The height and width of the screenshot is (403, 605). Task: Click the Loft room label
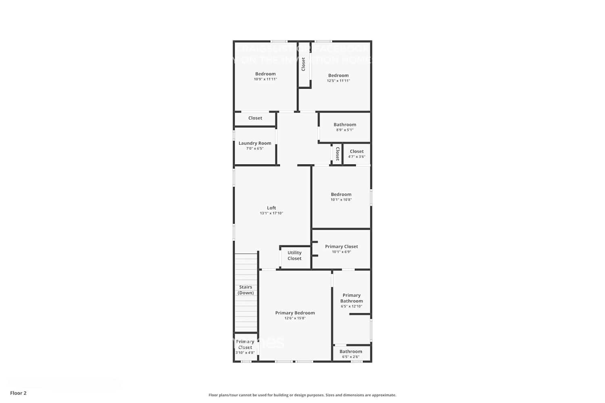coord(271,208)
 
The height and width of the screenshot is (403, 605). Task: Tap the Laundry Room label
coord(255,143)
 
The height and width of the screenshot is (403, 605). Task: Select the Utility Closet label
coord(294,256)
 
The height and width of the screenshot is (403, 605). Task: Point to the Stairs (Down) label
coord(246,290)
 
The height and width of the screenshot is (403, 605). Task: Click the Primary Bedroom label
coord(295,313)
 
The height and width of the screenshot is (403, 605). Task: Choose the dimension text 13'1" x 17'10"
coord(271,213)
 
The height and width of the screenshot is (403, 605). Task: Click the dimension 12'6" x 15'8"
coord(295,318)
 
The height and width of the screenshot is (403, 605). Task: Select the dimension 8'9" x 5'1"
coord(345,130)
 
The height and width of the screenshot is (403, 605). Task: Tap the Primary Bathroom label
coord(351,298)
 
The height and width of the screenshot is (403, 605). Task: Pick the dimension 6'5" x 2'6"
coord(350,357)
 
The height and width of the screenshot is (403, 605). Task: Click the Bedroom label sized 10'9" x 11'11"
coord(265,74)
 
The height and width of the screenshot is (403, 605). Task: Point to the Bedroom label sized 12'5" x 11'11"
coord(338,75)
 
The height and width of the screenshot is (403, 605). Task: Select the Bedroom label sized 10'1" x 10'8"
coord(341,194)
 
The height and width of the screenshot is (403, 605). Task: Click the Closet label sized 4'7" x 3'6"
coord(357,152)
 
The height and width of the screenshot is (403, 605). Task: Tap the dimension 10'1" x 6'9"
coord(341,252)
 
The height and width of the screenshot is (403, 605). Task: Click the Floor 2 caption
coord(18,393)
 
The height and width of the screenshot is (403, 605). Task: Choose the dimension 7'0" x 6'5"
coord(255,149)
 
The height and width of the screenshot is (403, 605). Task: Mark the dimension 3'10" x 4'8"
coord(245,353)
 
